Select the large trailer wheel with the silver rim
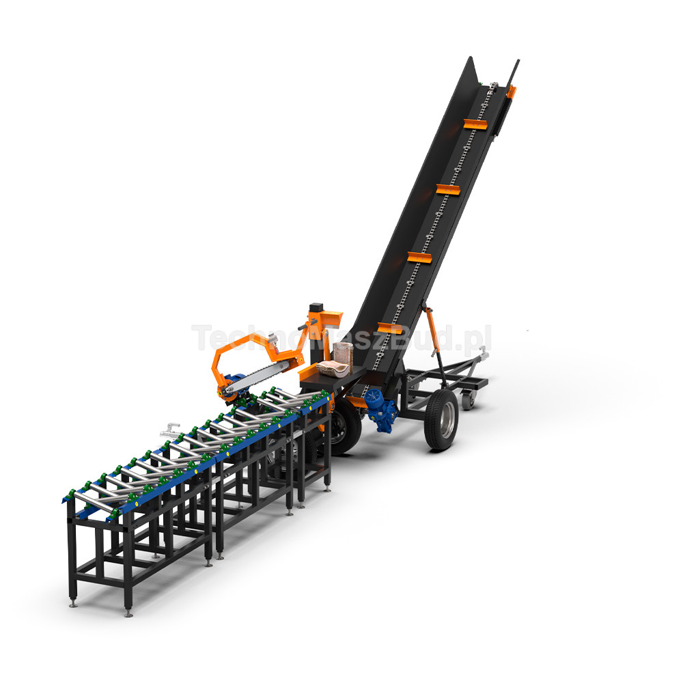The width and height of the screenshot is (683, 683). tap(442, 419)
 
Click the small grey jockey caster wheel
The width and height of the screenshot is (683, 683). tap(469, 400)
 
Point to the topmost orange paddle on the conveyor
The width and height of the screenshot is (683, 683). tap(475, 124)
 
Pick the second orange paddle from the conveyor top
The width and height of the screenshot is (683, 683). tap(448, 189)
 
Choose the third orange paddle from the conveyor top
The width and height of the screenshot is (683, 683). tap(420, 257)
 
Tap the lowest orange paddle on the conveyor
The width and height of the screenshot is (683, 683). tap(390, 328)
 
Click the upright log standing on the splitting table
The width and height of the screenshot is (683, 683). tap(343, 353)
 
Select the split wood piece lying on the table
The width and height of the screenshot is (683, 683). tap(333, 369)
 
